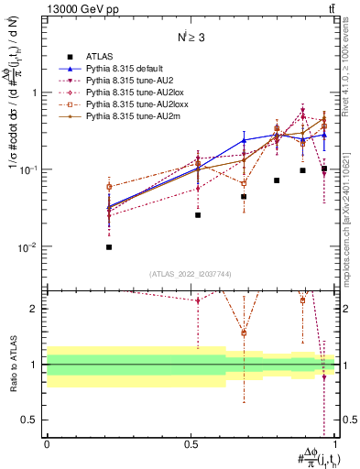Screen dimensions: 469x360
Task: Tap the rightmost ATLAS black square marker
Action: [x=324, y=169]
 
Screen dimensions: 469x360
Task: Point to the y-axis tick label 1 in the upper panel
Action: [x=34, y=93]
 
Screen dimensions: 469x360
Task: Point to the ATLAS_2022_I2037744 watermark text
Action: [x=190, y=274]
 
